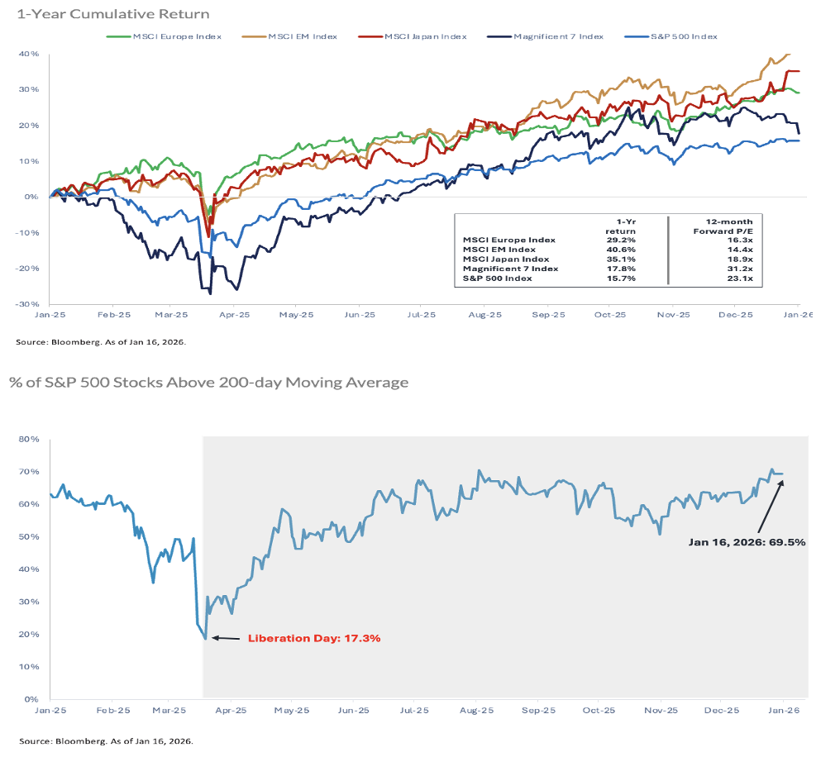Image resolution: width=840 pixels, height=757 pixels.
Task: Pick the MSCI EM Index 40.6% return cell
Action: pos(626,249)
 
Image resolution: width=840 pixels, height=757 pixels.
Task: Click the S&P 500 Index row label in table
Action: pos(496,279)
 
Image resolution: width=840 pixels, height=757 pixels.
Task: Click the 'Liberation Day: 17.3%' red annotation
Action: pos(314,639)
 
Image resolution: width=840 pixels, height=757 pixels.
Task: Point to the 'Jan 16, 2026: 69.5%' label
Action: pos(747,543)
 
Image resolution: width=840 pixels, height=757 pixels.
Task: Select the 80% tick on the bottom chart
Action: pos(30,440)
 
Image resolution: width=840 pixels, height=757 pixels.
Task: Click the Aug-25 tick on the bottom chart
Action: pos(476,710)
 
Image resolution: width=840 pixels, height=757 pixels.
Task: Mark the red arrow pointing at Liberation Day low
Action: pos(226,638)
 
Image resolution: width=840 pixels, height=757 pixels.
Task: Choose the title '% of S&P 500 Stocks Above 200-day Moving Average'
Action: pos(208,383)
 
